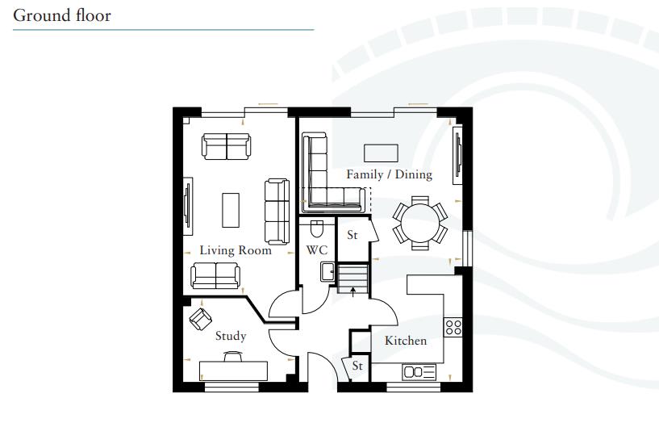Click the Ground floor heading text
click(62, 15)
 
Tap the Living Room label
click(236, 250)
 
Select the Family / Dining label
click(389, 174)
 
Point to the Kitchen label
click(405, 341)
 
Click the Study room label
click(230, 336)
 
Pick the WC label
click(316, 250)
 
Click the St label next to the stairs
click(352, 236)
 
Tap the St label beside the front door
click(357, 367)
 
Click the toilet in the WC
click(316, 228)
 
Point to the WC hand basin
click(327, 271)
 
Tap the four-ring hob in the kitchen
click(453, 327)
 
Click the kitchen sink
click(419, 372)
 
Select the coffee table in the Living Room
click(231, 209)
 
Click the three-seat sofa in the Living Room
click(277, 212)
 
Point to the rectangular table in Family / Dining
click(381, 152)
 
